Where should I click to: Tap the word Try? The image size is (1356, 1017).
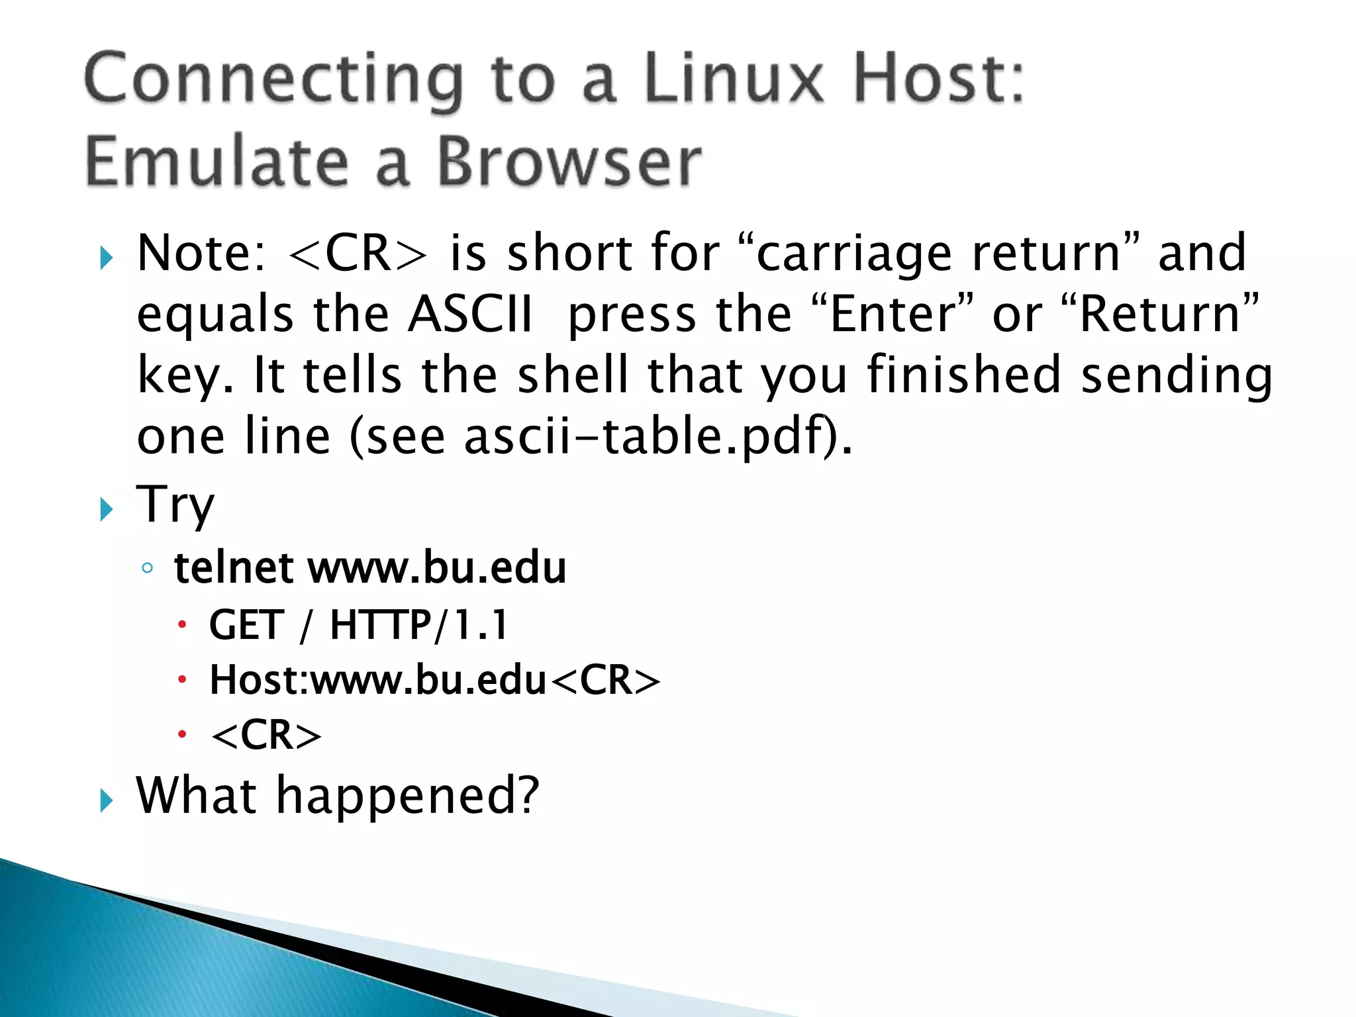pyautogui.click(x=175, y=505)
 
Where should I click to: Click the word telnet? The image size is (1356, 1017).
pyautogui.click(x=234, y=568)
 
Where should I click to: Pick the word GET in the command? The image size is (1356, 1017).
pyautogui.click(x=246, y=625)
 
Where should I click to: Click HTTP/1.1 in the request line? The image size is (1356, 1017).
pyautogui.click(x=418, y=625)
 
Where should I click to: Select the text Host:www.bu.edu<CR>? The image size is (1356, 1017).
pyautogui.click(x=434, y=680)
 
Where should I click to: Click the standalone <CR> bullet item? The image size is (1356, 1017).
pyautogui.click(x=266, y=735)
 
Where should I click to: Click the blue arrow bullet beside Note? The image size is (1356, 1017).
pyautogui.click(x=106, y=258)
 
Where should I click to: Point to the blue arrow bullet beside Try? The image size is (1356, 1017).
pyautogui.click(x=106, y=509)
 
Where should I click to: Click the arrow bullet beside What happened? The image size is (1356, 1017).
pyautogui.click(x=106, y=800)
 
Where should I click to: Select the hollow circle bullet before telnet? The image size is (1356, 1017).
pyautogui.click(x=147, y=568)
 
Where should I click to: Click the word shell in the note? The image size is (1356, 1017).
pyautogui.click(x=572, y=375)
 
